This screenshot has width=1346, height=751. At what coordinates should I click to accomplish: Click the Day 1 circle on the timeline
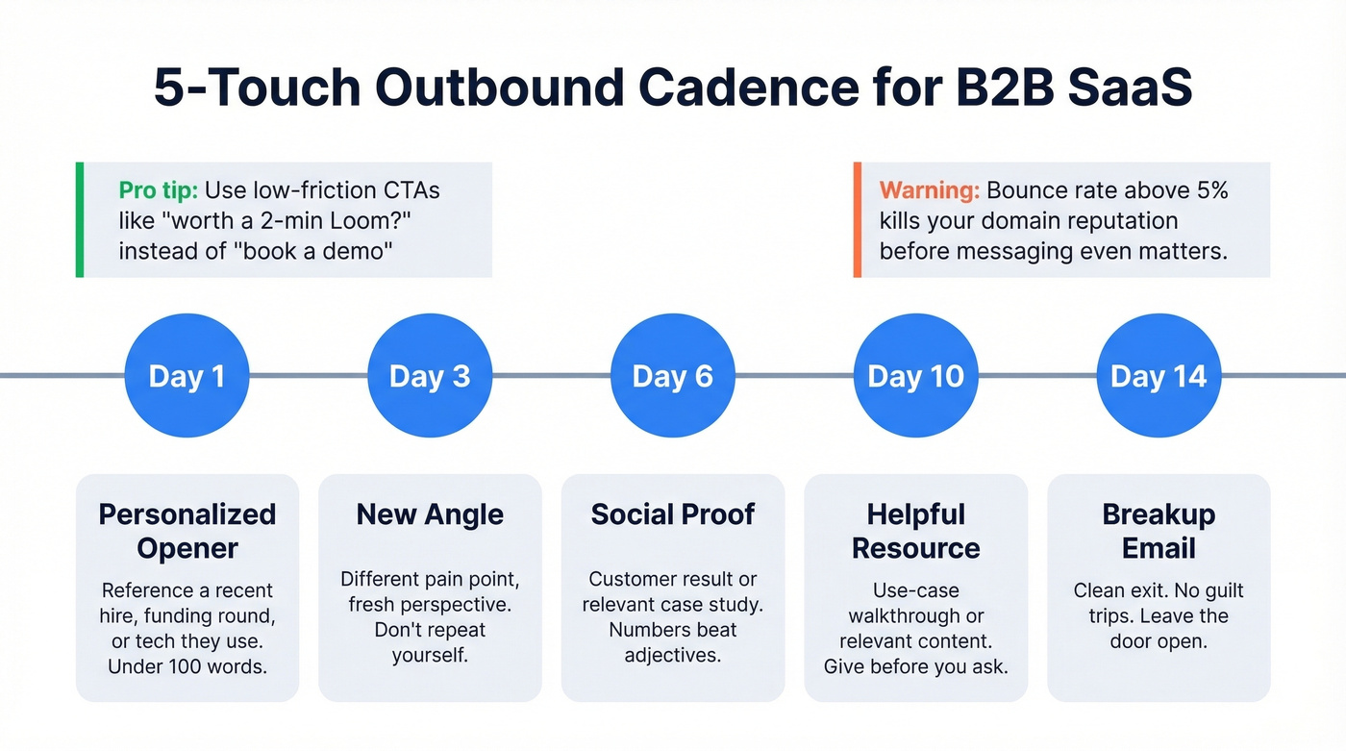(x=187, y=376)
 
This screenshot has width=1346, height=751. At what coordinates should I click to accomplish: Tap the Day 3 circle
(x=430, y=376)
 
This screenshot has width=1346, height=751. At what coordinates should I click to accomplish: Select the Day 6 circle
(x=672, y=376)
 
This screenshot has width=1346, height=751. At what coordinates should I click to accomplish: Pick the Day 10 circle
(x=915, y=376)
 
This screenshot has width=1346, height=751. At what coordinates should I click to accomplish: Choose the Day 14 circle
(x=1159, y=376)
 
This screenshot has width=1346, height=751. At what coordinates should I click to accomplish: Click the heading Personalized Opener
(x=187, y=531)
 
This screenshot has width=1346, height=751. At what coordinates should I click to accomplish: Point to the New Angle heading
(x=430, y=514)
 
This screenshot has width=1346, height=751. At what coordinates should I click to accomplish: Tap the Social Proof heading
(x=672, y=514)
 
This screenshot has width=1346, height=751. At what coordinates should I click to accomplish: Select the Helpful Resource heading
(x=915, y=531)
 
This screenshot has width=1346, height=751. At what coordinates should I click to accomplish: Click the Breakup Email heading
(x=1159, y=531)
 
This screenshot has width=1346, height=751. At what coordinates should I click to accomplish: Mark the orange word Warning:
(x=929, y=189)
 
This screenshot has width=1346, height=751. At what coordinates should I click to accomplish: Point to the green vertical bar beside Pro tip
(x=80, y=219)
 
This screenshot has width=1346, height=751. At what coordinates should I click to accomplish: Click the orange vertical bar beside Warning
(x=857, y=219)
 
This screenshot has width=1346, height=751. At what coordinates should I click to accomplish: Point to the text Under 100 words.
(x=187, y=666)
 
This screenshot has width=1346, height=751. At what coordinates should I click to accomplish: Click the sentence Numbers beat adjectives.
(x=672, y=642)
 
